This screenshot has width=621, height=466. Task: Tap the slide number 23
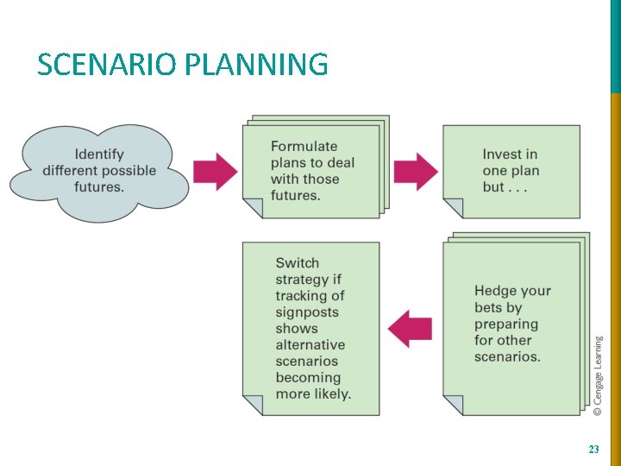593,450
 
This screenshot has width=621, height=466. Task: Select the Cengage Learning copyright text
598,376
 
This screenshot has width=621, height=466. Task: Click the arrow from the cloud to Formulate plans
215,171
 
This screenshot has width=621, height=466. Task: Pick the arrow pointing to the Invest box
416,171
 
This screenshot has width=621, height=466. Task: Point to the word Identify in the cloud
99,154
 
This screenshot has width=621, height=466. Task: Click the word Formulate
304,146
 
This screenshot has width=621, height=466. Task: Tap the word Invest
510,154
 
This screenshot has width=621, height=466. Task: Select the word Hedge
495,291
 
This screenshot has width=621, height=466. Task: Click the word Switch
297,263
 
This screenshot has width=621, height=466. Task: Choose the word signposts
307,312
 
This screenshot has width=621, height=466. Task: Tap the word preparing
505,324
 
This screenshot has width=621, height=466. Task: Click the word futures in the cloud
98,186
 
